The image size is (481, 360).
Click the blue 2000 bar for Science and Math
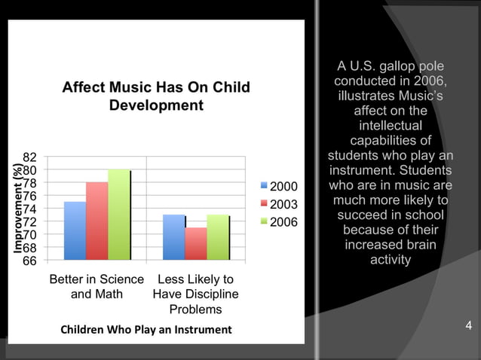coord(75,230)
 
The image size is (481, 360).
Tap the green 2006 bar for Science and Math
coord(119,215)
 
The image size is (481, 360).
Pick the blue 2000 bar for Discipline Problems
coord(173,237)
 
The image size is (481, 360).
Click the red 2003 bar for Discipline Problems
coord(195,243)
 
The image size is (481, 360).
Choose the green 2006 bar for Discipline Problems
coord(218,237)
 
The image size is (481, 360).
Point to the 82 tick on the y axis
coord(29,157)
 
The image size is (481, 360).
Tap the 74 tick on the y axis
coord(29,209)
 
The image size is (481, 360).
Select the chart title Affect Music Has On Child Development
coord(156,96)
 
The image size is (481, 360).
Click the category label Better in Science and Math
coord(97,286)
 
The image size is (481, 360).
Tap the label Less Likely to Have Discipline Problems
coord(195,294)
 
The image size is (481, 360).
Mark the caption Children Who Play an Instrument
coord(146,330)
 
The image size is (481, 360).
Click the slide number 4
coord(469,326)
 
